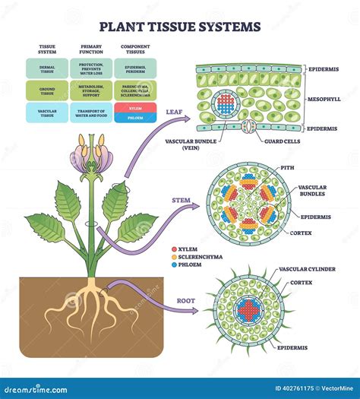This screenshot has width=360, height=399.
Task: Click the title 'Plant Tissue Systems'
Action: tap(180, 27)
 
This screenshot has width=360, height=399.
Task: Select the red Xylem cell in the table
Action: tap(135, 108)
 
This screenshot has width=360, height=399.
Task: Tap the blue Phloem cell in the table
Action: tap(135, 118)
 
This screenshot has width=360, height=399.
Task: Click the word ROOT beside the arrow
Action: tap(186, 300)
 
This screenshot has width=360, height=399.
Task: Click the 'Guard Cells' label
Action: tap(281, 141)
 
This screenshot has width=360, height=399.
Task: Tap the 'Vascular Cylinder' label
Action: tap(307, 269)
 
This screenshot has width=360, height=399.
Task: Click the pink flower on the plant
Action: tap(92, 156)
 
